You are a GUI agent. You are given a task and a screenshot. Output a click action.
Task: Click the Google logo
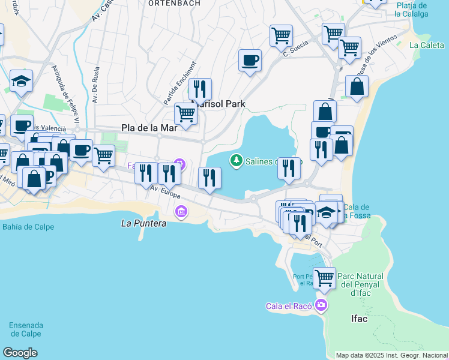click(20, 353)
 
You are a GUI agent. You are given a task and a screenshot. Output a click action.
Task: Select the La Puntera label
click(143, 223)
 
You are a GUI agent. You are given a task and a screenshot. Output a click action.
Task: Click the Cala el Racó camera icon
click(322, 305)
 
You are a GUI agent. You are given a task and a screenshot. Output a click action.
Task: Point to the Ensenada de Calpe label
click(26, 329)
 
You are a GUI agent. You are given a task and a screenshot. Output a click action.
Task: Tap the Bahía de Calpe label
click(28, 227)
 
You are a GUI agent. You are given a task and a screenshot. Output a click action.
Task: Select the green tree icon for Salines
click(237, 160)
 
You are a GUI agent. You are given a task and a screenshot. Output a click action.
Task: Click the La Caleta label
click(426, 45)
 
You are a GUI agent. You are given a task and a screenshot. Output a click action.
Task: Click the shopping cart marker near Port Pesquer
click(324, 278)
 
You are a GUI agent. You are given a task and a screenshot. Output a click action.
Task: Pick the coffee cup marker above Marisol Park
click(250, 60)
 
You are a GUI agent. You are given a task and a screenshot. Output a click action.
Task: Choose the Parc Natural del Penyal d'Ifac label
click(360, 284)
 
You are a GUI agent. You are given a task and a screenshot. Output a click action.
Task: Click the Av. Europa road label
click(165, 193)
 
